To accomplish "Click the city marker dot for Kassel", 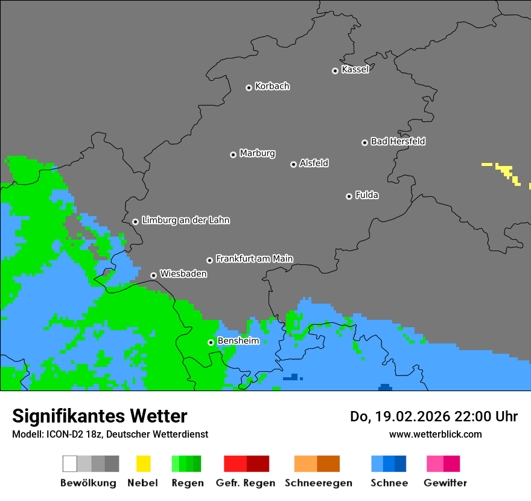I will click(335, 71).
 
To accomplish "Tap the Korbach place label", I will click(272, 86).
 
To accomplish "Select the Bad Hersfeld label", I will click(398, 141).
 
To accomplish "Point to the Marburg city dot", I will click(233, 155).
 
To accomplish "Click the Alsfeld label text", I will click(314, 163).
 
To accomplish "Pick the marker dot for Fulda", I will click(349, 196).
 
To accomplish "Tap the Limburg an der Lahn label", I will click(185, 220).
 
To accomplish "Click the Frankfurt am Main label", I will click(254, 258).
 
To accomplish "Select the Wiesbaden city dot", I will click(153, 275).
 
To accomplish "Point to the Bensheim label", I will click(238, 340).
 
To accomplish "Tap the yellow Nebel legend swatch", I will click(143, 464).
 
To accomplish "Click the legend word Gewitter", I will click(445, 483).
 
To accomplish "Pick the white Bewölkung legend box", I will click(70, 464).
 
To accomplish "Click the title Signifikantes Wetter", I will click(100, 416).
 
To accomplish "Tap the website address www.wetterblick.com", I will click(435, 434).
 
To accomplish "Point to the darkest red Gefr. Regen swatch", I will click(258, 464).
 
